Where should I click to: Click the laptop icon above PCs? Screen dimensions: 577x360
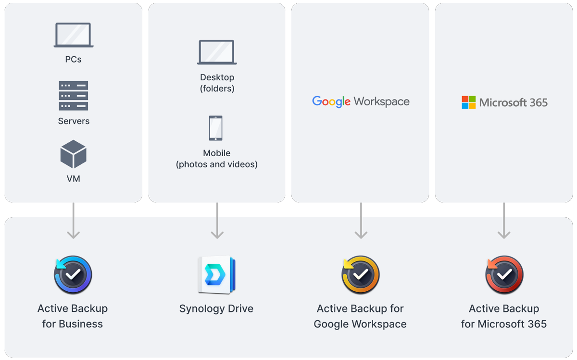pyautogui.click(x=74, y=35)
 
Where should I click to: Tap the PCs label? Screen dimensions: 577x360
pyautogui.click(x=74, y=60)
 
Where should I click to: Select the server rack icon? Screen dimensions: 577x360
pyautogui.click(x=74, y=96)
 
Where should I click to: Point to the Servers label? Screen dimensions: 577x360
pyautogui.click(x=74, y=121)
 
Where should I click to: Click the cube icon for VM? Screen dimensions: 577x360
pyautogui.click(x=74, y=154)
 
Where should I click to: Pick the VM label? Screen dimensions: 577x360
pyautogui.click(x=74, y=179)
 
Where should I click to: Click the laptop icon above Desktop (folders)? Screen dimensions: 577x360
pyautogui.click(x=217, y=52)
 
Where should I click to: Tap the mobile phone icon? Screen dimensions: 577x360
pyautogui.click(x=215, y=128)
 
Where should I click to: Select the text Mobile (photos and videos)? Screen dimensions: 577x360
pyautogui.click(x=217, y=159)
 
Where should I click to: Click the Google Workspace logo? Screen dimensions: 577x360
pyautogui.click(x=361, y=102)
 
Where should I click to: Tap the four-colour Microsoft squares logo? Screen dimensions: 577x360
pyautogui.click(x=468, y=102)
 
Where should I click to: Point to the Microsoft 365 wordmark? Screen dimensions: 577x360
pyautogui.click(x=514, y=102)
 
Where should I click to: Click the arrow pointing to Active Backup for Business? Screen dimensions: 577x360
pyautogui.click(x=74, y=221)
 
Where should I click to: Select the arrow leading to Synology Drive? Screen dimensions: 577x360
pyautogui.click(x=217, y=221)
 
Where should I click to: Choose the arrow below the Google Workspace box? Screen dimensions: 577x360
pyautogui.click(x=361, y=221)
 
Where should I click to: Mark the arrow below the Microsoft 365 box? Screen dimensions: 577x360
pyautogui.click(x=504, y=221)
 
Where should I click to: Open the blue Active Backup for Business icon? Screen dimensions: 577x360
pyautogui.click(x=73, y=275)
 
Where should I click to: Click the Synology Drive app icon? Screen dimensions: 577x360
pyautogui.click(x=217, y=275)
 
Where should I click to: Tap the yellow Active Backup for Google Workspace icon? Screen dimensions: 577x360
pyautogui.click(x=360, y=275)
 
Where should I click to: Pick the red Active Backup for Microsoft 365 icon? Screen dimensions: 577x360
pyautogui.click(x=504, y=275)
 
